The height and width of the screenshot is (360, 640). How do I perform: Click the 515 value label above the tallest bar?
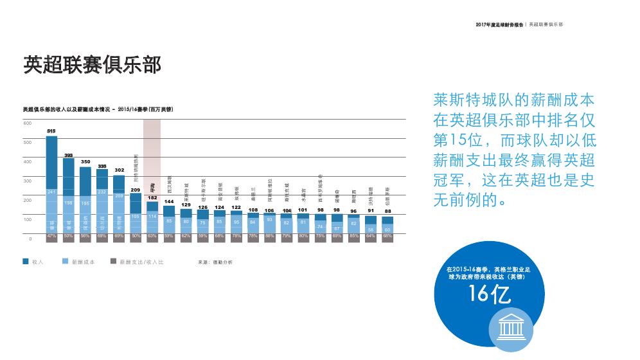[x=51, y=131]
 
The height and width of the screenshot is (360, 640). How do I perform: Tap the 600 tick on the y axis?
[x=28, y=123]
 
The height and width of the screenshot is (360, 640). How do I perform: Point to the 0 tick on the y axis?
[x=30, y=239]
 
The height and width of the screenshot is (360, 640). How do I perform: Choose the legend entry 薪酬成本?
[x=83, y=262]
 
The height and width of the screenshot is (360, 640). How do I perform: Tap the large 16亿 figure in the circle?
[x=490, y=294]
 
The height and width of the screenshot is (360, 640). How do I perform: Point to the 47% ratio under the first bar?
[x=51, y=237]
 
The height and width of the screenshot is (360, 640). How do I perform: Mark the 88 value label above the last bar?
[x=388, y=211]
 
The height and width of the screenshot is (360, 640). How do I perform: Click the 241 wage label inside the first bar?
[x=51, y=192]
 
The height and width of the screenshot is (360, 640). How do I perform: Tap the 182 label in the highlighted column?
[x=152, y=198]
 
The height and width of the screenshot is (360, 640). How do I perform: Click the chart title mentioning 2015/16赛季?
[x=98, y=110]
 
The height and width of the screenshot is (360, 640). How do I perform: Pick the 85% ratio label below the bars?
[x=354, y=237]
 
